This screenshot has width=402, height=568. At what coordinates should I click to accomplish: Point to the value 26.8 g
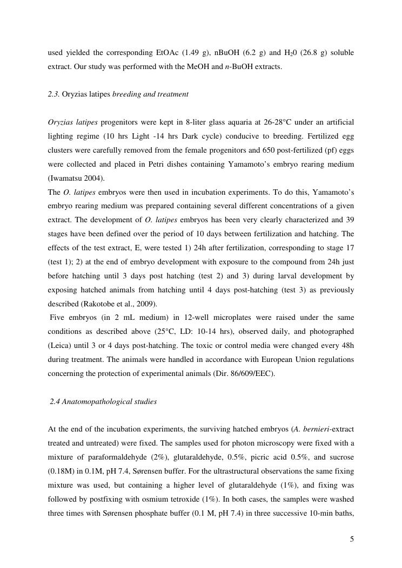307,53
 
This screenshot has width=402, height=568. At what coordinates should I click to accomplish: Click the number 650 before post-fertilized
276,150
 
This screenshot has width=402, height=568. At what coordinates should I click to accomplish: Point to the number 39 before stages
349,220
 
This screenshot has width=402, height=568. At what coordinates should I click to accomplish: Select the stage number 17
349,248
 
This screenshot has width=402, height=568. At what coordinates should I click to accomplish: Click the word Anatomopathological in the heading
94,401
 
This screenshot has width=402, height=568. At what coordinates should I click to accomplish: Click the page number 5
352,538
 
